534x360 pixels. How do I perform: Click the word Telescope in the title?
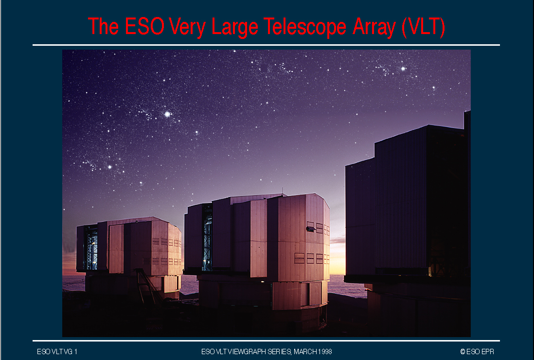point(305,27)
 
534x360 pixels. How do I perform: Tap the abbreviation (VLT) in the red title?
point(423,27)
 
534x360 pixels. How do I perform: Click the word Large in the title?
point(234,27)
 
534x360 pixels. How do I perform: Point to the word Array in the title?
point(374,27)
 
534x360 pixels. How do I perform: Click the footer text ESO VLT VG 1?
point(57,351)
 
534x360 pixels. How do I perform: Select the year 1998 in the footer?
point(325,351)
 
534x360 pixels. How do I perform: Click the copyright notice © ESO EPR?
point(477,351)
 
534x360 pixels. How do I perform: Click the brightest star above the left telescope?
point(167,114)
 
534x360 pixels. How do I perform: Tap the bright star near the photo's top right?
point(403,69)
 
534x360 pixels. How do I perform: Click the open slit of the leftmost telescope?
point(91,248)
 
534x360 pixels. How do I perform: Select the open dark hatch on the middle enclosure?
point(311,229)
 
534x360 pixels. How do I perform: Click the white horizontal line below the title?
point(266,45)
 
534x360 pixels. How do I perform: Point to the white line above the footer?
point(266,341)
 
